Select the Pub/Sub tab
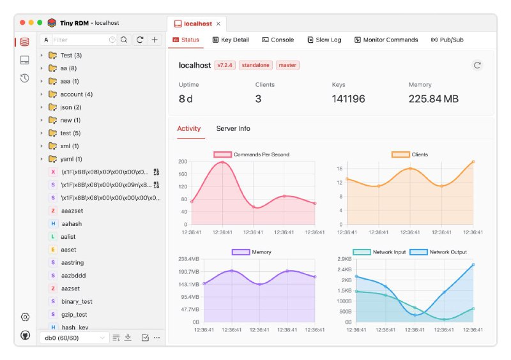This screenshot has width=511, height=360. [447, 40]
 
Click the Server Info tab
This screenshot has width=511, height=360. [233, 128]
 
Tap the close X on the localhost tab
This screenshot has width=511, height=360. [218, 24]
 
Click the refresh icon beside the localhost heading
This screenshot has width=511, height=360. [477, 65]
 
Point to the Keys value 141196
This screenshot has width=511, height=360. [348, 99]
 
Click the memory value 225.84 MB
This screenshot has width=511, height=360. [433, 99]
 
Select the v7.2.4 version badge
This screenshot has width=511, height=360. [225, 65]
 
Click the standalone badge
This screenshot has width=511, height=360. [256, 65]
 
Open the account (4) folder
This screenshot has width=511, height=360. [76, 94]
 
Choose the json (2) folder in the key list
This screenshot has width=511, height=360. [70, 107]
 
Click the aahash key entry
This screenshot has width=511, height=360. [72, 224]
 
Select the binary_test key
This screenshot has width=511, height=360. [77, 301]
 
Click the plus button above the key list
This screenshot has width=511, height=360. [155, 40]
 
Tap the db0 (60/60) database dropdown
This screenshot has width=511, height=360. [73, 338]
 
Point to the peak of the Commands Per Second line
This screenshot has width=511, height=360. [222, 162]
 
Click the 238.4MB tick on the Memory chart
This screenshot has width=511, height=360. [188, 259]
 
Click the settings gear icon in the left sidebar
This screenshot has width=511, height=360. [25, 317]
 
